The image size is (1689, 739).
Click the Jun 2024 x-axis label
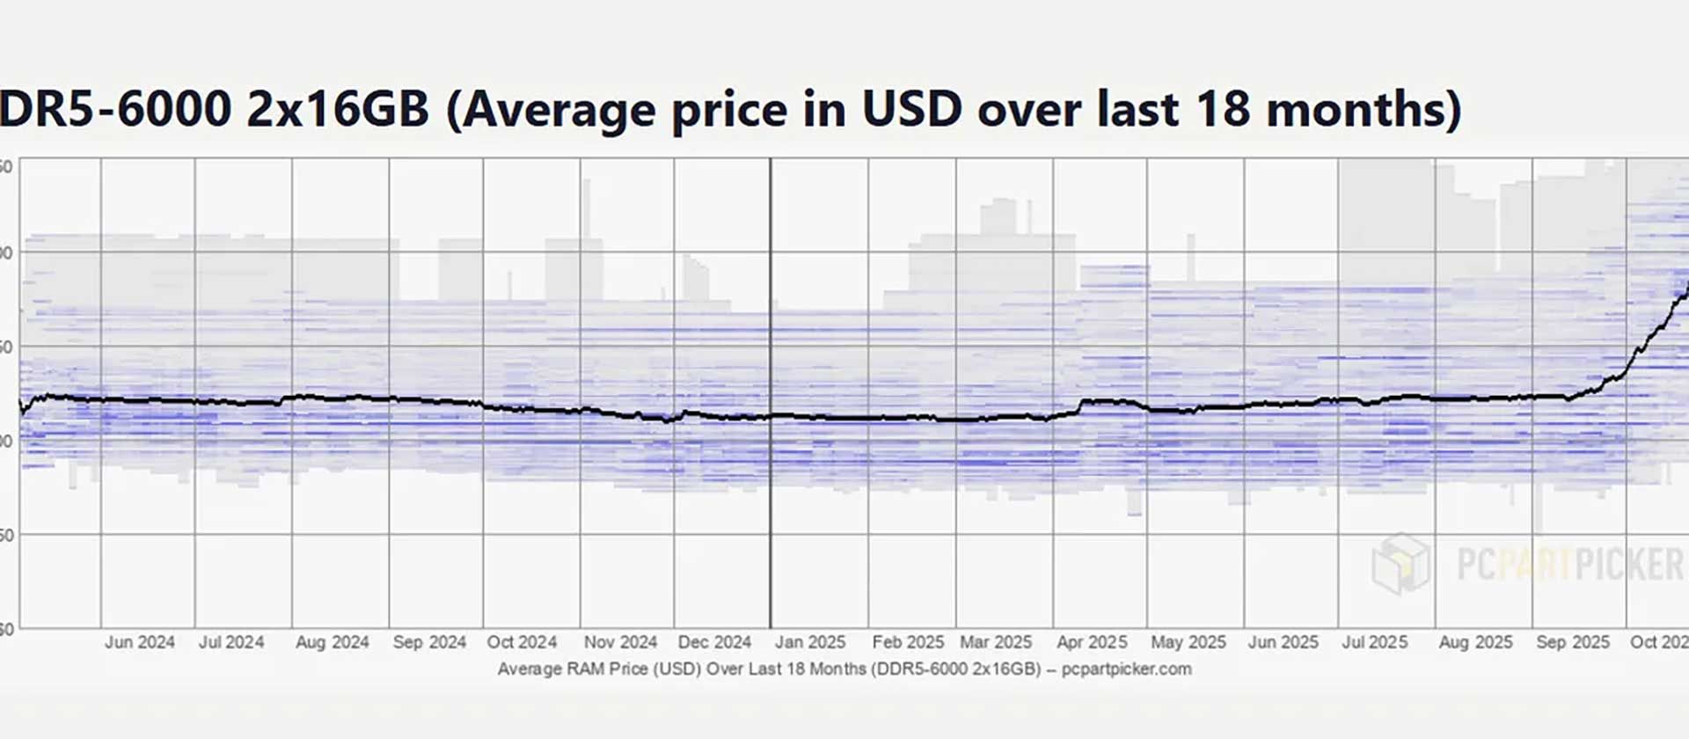(x=140, y=642)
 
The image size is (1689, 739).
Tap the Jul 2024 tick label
(x=231, y=642)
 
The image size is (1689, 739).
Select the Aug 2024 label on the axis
(x=332, y=642)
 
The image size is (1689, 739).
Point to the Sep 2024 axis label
(x=429, y=642)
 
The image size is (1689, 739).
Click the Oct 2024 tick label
(x=522, y=642)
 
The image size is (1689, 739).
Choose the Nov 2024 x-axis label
(x=620, y=642)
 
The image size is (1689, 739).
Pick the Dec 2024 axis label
(x=714, y=642)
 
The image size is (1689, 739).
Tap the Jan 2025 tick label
(x=809, y=642)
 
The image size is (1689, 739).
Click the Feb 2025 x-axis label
(x=908, y=642)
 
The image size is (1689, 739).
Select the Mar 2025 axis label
(x=996, y=642)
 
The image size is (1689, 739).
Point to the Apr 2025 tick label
(x=1092, y=642)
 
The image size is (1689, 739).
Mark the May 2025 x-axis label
(x=1188, y=642)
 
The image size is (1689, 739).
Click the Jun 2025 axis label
(x=1283, y=642)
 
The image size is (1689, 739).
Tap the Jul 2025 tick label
(x=1374, y=642)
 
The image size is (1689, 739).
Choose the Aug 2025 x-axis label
(x=1475, y=642)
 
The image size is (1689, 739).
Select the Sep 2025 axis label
(x=1573, y=642)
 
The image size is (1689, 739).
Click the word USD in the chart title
(x=911, y=109)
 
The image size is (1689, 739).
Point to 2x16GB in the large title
(x=338, y=109)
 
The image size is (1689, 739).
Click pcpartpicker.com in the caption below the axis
(x=1126, y=669)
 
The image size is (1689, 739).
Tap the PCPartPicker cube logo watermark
(x=1400, y=563)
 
